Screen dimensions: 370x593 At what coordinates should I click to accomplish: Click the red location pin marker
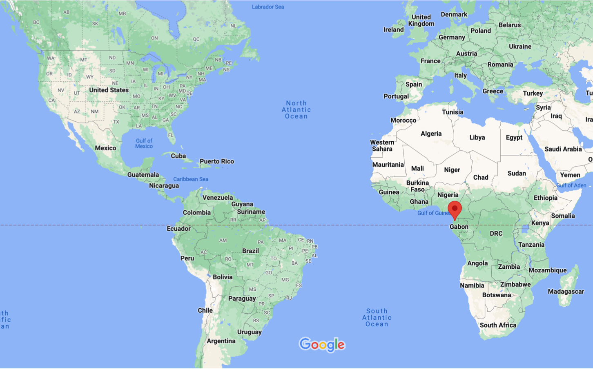point(455,210)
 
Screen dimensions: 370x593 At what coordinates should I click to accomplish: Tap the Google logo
point(322,345)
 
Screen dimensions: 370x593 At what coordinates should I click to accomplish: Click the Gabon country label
point(459,227)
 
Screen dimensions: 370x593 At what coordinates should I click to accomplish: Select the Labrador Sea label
point(268,7)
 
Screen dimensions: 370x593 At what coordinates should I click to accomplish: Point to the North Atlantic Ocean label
point(296,110)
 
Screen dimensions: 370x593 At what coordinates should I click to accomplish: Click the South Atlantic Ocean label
point(377,318)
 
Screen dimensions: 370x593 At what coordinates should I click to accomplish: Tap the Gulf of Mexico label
point(144,143)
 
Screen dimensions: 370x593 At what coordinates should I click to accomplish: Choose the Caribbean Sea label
point(191,179)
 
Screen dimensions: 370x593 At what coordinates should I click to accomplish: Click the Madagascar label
point(566,291)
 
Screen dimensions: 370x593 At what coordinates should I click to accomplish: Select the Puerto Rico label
point(217,161)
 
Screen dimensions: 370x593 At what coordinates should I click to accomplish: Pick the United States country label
point(109,90)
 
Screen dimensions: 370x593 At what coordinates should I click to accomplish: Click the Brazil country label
point(250,251)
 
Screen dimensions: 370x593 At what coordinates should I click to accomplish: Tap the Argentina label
point(221,341)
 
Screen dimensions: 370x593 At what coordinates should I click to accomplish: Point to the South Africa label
point(498,325)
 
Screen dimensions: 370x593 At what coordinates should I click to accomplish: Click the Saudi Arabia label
point(563,149)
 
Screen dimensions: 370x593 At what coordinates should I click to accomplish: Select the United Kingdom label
point(421,20)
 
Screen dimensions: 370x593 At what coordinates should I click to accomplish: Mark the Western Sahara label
point(382,145)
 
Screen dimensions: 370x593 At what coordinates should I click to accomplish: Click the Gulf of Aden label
point(571,185)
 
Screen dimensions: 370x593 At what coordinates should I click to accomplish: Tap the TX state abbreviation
point(116,122)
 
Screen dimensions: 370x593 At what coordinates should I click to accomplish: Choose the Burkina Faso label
point(417,186)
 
